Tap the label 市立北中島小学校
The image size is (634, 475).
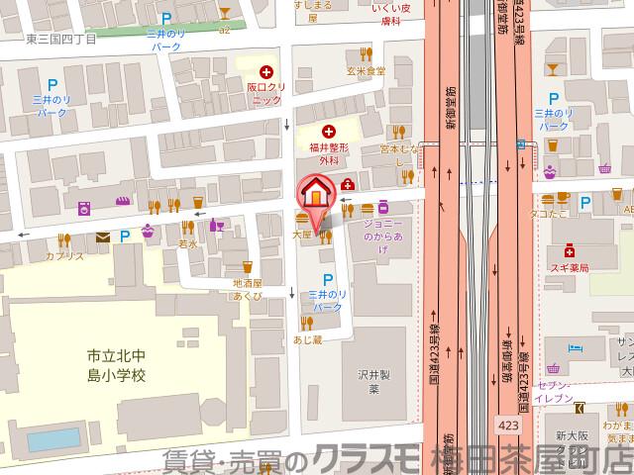116,365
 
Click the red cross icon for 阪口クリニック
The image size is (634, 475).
264,71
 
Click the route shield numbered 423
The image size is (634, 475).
506,423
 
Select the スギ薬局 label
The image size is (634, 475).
571,268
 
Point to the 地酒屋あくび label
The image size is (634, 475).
247,288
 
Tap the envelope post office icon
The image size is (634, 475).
103,237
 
